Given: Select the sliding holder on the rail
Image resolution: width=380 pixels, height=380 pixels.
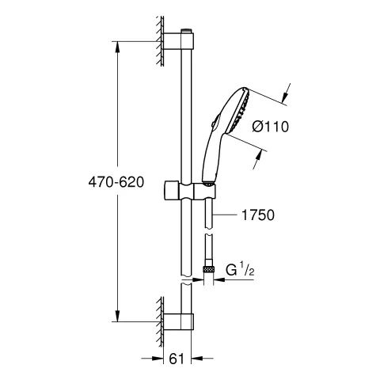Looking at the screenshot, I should (x=189, y=191).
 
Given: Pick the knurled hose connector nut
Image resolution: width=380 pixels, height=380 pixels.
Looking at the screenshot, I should (x=211, y=270).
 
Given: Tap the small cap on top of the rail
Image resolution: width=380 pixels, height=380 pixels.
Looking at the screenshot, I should (x=188, y=32).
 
